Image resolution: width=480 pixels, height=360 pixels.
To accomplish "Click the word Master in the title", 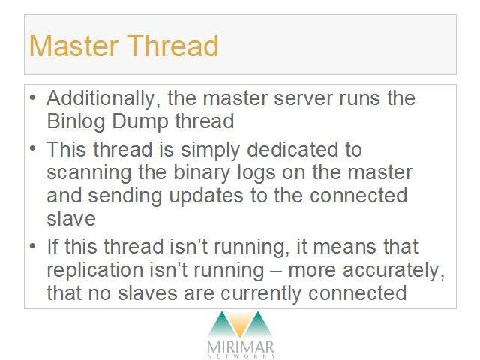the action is tap(73, 46).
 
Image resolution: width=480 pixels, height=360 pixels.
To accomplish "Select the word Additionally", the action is tap(103, 98).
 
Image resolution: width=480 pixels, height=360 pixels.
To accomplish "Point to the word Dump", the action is tap(140, 121).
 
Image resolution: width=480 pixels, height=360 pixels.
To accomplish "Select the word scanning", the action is tap(89, 173).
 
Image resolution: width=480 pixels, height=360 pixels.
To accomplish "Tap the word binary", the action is tap(202, 173).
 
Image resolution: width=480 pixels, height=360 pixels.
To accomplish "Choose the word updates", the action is tap(206, 196).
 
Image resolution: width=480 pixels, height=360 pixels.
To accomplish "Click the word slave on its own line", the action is tap(71, 219).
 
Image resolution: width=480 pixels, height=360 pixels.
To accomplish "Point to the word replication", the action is tap(95, 270).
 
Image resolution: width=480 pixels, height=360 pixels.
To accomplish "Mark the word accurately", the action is tap(393, 271).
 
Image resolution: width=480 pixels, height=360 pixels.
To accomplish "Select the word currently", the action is tap(261, 293).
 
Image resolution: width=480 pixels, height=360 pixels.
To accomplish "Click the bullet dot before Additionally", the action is tap(32, 98).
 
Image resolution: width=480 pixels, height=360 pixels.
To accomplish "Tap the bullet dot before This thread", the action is tap(32, 149).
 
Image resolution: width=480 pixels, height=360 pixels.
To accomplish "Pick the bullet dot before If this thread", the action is tap(32, 247).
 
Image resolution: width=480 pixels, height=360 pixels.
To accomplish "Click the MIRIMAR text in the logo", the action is tap(240, 347).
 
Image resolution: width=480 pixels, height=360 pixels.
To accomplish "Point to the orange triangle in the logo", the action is tap(240, 325).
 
